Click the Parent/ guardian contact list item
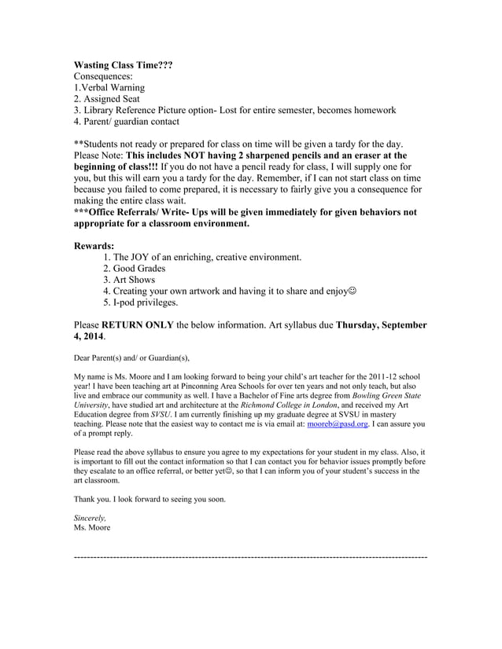pos(126,122)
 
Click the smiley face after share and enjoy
pos(352,291)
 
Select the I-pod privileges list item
pos(140,302)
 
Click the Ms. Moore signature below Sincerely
pos(93,527)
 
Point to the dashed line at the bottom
pos(250,555)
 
